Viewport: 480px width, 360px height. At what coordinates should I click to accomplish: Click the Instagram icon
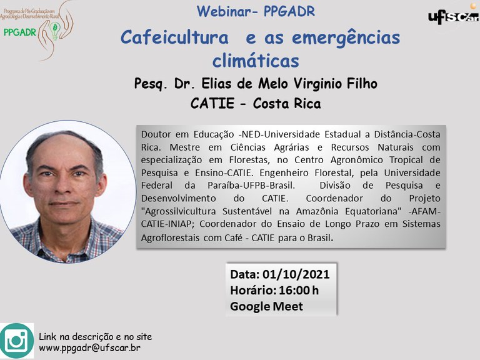pos(17,341)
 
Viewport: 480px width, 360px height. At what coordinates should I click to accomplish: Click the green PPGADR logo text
pos(19,32)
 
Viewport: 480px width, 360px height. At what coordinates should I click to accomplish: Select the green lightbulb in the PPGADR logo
pos(55,31)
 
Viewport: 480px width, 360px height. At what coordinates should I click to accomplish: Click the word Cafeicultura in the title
pos(175,37)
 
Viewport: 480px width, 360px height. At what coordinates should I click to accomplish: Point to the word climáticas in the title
pos(256,61)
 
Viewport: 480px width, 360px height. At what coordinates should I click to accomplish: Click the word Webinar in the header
pos(224,11)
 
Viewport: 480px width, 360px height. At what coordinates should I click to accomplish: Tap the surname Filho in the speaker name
pos(362,84)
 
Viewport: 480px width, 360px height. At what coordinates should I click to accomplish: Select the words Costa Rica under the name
pos(287,104)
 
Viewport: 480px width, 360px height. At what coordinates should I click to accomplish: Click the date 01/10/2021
pos(296,274)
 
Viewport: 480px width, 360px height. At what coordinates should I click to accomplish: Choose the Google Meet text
pos(266,306)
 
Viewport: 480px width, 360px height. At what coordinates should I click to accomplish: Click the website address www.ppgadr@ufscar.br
pos(89,348)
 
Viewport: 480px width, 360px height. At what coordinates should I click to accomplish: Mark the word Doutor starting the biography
pos(156,134)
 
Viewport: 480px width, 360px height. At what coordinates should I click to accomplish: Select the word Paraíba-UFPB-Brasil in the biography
pos(251,186)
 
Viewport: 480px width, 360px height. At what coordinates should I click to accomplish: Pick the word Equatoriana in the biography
pos(373,211)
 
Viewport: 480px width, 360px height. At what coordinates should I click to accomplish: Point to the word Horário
pos(252,290)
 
